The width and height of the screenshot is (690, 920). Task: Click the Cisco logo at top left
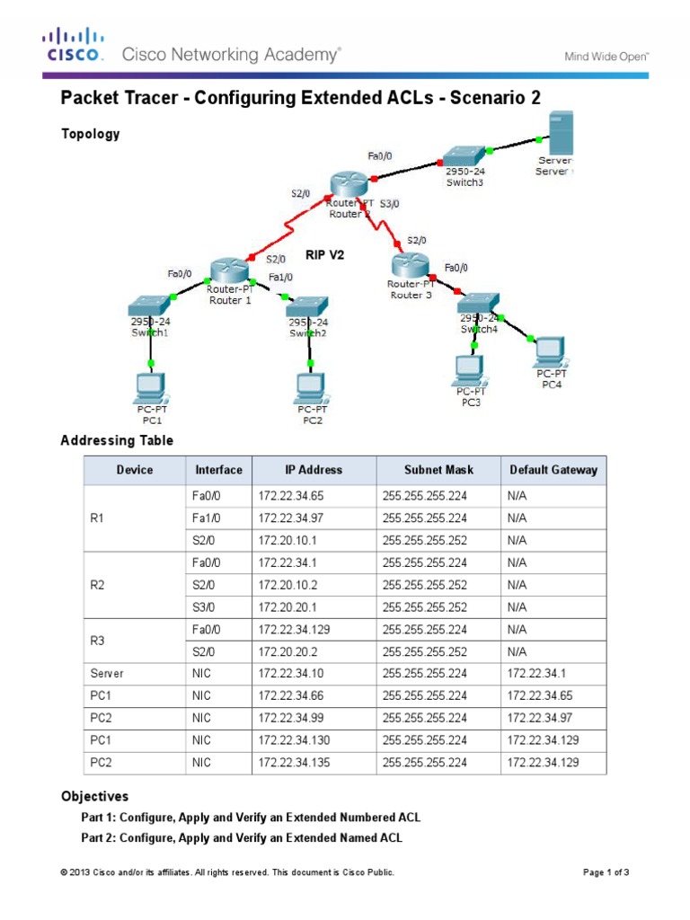tap(73, 46)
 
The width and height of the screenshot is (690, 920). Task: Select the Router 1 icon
tap(229, 269)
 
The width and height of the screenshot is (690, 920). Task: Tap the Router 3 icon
tap(409, 265)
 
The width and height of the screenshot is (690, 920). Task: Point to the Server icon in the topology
tap(562, 133)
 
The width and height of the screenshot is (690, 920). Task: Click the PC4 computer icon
tap(550, 350)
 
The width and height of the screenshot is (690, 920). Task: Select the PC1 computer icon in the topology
tap(149, 386)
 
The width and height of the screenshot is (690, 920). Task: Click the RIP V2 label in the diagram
tap(324, 254)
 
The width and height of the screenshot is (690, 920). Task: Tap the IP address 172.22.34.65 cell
tap(287, 495)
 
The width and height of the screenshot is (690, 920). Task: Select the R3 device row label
tap(99, 639)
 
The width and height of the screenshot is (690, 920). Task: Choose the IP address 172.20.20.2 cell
tap(287, 650)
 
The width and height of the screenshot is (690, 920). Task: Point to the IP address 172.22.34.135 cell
tap(289, 762)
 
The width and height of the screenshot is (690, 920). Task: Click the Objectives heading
tap(94, 796)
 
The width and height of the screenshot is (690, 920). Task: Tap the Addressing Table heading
tap(116, 440)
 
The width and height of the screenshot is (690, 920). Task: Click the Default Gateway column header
tap(553, 470)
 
